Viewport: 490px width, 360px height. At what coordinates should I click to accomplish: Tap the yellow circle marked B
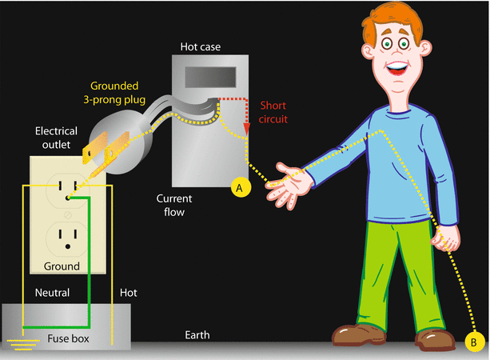[472, 342]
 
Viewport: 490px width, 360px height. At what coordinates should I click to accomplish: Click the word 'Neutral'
[51, 294]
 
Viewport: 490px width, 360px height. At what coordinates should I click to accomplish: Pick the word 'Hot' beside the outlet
[127, 294]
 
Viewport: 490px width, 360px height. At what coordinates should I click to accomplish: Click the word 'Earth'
[195, 335]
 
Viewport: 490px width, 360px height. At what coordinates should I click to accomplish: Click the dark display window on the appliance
[212, 77]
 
